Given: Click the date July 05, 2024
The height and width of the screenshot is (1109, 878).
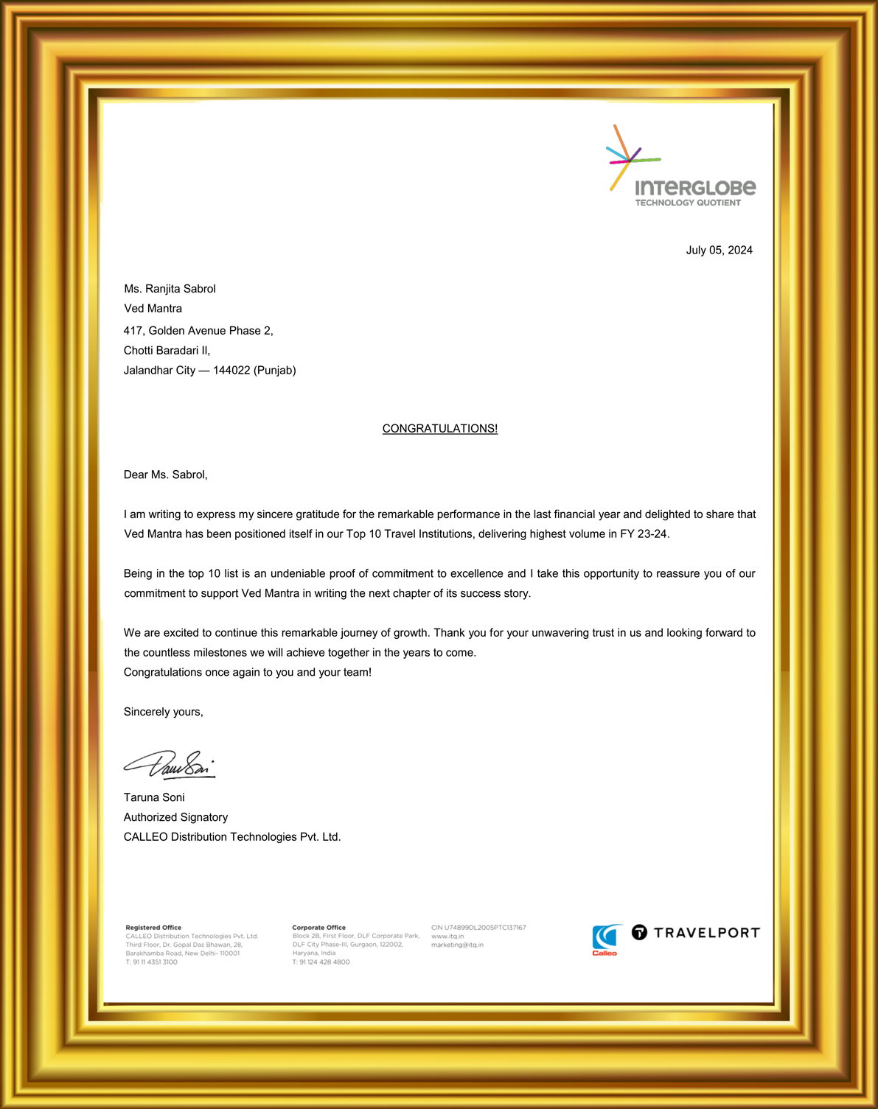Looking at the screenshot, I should click(719, 251).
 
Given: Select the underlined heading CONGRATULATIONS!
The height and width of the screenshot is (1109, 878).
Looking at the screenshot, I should click(439, 429).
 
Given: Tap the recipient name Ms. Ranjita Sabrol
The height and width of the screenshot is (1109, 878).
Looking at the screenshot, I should click(170, 289).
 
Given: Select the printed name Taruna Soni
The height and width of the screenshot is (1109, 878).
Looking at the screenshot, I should click(154, 797).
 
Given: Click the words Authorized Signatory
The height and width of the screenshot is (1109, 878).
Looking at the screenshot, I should click(175, 817).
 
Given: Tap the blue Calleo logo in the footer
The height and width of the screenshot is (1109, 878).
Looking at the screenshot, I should click(605, 940).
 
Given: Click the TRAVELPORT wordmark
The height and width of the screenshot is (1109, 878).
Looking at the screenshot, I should click(705, 933).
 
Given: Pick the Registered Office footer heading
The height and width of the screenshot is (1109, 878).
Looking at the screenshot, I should click(153, 928).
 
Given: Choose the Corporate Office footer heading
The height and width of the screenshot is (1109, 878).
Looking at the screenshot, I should click(318, 928).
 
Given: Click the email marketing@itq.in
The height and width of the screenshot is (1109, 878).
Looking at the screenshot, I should click(457, 945).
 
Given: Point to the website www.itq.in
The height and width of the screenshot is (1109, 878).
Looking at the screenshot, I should click(447, 937).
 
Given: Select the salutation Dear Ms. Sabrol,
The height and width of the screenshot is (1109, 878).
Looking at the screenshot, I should click(166, 475).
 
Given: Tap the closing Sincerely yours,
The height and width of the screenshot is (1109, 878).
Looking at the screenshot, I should click(163, 712).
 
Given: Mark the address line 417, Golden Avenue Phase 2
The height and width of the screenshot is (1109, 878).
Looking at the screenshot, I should click(198, 331).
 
